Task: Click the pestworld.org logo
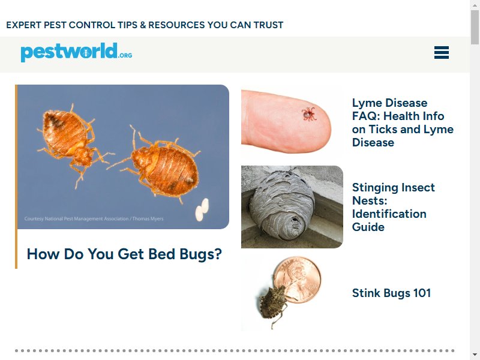click(x=77, y=52)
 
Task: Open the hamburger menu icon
click(x=442, y=52)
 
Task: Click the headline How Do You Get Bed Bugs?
click(x=124, y=254)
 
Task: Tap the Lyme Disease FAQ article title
click(x=403, y=122)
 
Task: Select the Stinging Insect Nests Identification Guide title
click(x=394, y=207)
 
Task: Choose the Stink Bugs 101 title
click(x=391, y=293)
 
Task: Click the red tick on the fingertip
click(x=308, y=114)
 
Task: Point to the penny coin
click(x=297, y=280)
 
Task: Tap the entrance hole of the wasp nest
click(x=295, y=220)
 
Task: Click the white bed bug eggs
click(x=202, y=209)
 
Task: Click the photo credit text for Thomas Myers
click(x=94, y=218)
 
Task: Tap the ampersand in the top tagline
click(x=143, y=25)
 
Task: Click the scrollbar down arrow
click(x=475, y=355)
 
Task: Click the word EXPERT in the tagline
click(x=23, y=25)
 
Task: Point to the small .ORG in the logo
click(x=125, y=55)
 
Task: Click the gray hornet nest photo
click(x=292, y=207)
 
